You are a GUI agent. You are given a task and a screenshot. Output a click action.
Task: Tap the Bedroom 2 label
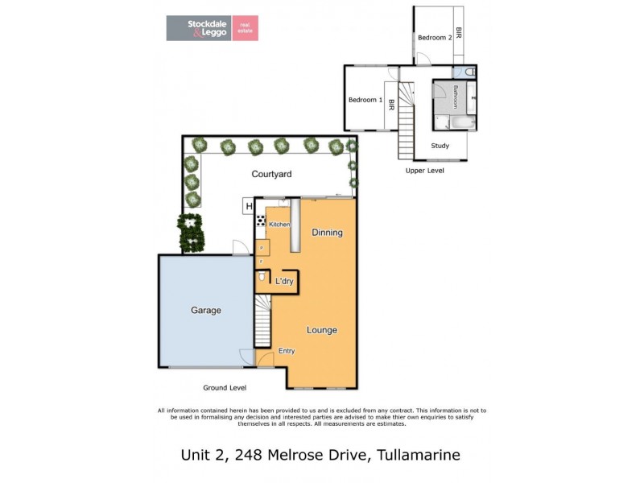pos(434,38)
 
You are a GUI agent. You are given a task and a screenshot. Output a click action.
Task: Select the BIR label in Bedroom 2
pos(458,33)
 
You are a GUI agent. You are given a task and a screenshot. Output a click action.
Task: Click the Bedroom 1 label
pos(365,100)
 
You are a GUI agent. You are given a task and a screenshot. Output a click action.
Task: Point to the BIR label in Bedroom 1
pos(391,104)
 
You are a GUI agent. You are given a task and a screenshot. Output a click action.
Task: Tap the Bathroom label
pos(455,97)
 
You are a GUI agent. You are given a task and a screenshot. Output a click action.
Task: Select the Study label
pos(440,146)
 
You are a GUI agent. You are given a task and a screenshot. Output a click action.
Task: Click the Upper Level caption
pos(424,171)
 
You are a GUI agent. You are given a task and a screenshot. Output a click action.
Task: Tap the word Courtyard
pos(271,174)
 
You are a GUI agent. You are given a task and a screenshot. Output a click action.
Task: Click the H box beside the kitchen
pos(248,208)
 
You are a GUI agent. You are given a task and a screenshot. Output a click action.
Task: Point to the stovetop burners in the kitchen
pos(261,220)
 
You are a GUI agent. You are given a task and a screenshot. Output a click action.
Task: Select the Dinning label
pos(328,233)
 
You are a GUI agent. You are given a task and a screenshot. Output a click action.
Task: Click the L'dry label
pos(284,281)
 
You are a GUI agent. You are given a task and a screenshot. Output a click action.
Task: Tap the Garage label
pos(206,310)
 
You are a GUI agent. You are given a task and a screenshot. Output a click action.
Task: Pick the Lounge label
pos(321,330)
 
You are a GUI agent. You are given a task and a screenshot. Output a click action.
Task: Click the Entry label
pos(287,351)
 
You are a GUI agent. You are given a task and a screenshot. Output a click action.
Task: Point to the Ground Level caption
pos(225,388)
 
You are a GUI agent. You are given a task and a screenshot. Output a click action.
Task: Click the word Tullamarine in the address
pos(417,455)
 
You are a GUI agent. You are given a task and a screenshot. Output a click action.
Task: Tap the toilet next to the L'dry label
pos(261,279)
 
